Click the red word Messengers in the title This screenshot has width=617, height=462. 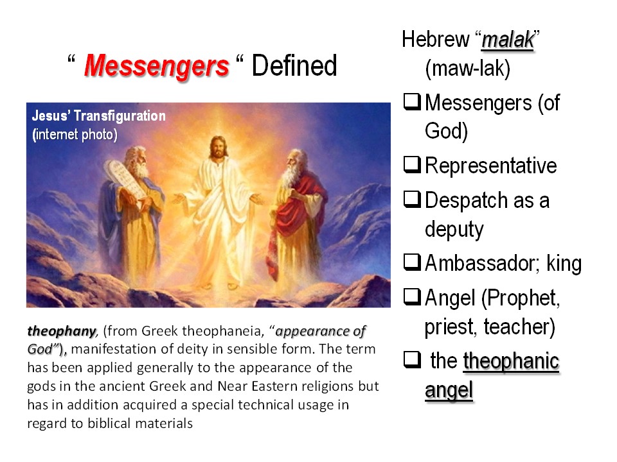click(x=156, y=65)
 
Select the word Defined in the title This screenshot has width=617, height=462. click(x=294, y=65)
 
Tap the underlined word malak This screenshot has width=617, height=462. click(x=508, y=40)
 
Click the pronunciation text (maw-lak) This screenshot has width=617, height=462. click(x=467, y=69)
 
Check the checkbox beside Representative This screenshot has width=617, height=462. click(x=412, y=164)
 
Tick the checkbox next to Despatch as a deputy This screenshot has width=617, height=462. click(x=412, y=199)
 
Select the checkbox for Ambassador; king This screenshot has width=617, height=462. click(x=412, y=262)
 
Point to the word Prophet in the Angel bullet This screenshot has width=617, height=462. click(x=520, y=298)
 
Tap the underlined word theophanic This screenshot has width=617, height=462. click(x=511, y=361)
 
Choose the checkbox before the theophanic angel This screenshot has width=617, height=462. click(x=412, y=359)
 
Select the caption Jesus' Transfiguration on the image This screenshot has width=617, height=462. click(x=99, y=116)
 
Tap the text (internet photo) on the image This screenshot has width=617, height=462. click(x=75, y=134)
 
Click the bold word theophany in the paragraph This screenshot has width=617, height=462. click(x=62, y=331)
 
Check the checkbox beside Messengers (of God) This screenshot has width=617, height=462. click(x=412, y=101)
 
